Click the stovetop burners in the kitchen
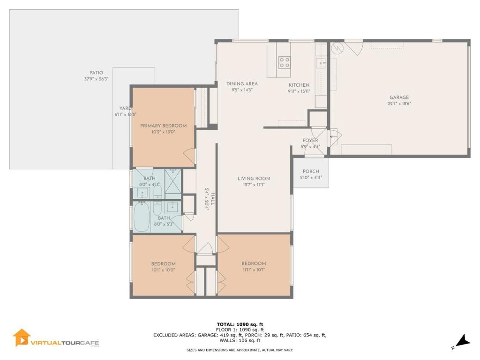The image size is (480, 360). click(284, 62)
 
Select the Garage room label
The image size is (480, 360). click(399, 97)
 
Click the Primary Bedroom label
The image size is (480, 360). click(163, 126)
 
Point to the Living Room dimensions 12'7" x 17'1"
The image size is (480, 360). click(254, 185)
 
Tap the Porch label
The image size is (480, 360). click(311, 171)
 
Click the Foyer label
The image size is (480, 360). click(310, 140)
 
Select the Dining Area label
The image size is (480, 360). click(242, 83)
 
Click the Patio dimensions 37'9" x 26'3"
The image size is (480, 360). click(97, 79)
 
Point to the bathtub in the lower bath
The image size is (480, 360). click(142, 217)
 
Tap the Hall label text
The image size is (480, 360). click(213, 199)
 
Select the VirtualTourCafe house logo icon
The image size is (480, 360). click(22, 337)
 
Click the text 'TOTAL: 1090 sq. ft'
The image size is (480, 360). click(240, 324)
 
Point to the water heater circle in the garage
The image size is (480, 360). click(337, 48)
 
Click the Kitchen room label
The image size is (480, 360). click(299, 85)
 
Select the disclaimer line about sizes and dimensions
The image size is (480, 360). click(240, 350)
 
